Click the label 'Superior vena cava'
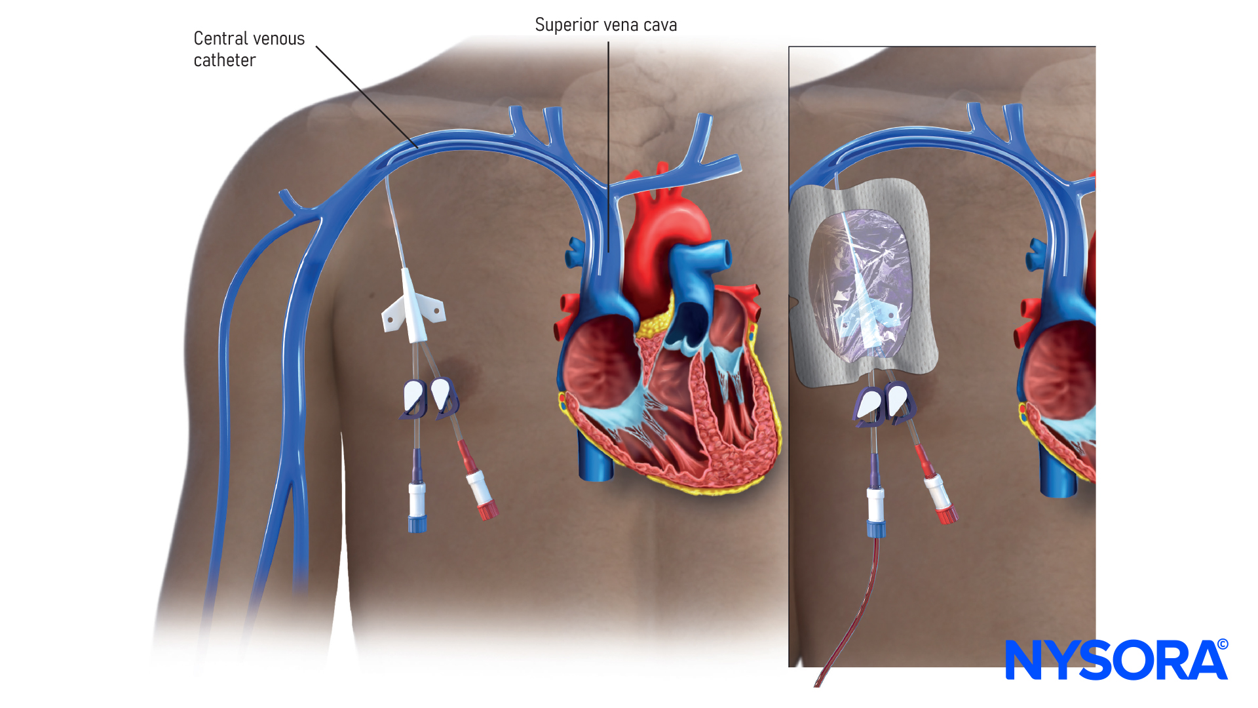[x=605, y=25]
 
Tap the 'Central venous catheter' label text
[x=249, y=49]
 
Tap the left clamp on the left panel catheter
[x=414, y=399]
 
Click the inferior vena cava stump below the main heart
[x=595, y=459]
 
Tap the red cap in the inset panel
[x=947, y=515]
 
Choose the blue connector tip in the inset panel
[x=877, y=528]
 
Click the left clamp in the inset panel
[x=870, y=404]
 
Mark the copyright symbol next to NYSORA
[x=1223, y=644]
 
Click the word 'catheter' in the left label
[x=225, y=60]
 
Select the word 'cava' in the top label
[x=660, y=25]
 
